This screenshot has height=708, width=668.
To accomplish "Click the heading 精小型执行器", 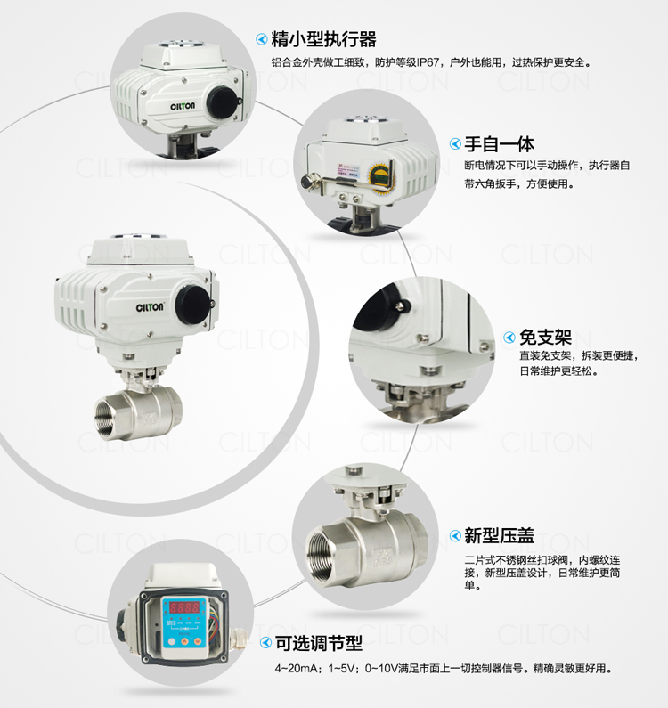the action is (323, 39).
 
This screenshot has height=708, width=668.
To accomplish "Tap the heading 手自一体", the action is (499, 144).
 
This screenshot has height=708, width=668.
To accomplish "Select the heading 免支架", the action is (545, 338).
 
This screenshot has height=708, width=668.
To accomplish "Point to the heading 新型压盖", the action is (499, 536).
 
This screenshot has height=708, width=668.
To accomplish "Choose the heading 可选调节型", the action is (319, 643).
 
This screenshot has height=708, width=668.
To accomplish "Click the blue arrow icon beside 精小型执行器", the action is (262, 39).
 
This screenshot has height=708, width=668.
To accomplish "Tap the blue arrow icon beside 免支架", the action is (509, 338).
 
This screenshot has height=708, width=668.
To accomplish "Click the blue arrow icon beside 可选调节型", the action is (265, 643).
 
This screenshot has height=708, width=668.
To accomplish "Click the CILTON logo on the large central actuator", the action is (150, 307).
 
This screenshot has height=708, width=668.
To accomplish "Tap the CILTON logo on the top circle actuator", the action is (183, 106).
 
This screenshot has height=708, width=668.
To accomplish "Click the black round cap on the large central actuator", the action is (193, 305).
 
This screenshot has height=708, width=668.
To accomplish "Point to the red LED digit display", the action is (183, 607).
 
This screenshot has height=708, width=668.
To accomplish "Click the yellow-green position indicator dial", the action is (379, 176).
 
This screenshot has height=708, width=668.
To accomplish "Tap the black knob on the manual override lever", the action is (307, 182).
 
